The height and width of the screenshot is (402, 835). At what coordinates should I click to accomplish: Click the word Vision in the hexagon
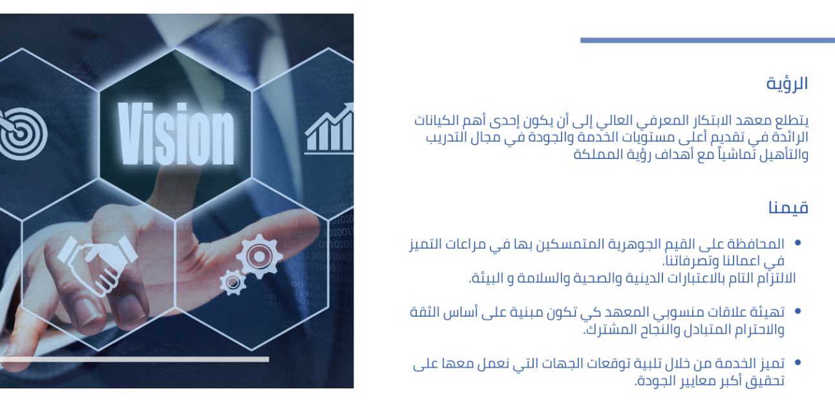176,134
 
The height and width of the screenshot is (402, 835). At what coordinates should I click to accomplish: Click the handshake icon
98,266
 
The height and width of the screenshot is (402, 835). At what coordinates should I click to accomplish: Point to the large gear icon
259,257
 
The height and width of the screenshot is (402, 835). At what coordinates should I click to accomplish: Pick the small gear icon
233,282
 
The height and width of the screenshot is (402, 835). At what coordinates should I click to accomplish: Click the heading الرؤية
787,84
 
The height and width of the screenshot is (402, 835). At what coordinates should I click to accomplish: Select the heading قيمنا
788,207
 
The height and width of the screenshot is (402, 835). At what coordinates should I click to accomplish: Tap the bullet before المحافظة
798,243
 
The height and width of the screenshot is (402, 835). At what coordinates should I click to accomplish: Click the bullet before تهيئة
798,311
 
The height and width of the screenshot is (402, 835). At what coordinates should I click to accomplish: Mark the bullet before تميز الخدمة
798,362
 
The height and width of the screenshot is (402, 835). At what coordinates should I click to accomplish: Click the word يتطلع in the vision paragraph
792,121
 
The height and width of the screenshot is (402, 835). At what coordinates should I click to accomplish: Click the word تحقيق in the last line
766,381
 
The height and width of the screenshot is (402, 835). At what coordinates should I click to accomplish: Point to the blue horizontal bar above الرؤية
708,40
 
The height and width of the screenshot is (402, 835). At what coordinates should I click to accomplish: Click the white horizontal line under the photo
134,359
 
